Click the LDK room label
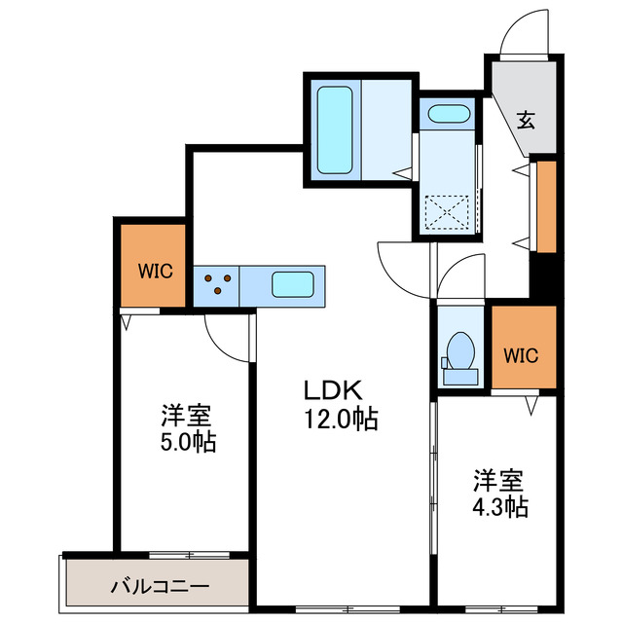(x=333, y=391)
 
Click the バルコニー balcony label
(x=159, y=587)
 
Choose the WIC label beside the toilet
(x=521, y=354)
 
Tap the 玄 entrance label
(x=526, y=121)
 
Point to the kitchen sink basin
(x=292, y=285)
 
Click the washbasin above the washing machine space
(x=449, y=114)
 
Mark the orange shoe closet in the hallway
(x=546, y=206)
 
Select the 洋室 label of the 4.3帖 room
(x=499, y=480)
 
